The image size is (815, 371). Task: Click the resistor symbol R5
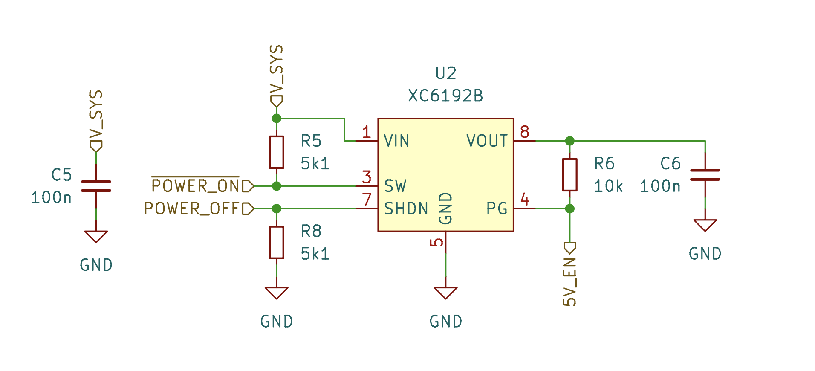pos(276,152)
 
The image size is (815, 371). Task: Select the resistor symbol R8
pos(276,243)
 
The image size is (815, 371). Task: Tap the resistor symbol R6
pos(569,175)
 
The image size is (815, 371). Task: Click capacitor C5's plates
pos(96,186)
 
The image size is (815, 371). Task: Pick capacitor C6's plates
pos(705,175)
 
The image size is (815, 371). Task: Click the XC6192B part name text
pos(445,96)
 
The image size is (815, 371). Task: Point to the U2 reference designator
pos(445,73)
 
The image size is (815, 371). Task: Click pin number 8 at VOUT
pos(524,132)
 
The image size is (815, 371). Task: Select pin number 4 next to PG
pos(524,200)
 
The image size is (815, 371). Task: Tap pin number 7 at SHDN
pos(367,200)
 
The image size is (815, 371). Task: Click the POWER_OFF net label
pos(193,209)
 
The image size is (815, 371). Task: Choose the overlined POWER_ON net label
pos(196,186)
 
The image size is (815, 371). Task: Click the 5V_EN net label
pos(569,281)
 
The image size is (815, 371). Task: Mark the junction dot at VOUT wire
pos(569,141)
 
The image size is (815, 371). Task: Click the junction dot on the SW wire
pos(276,186)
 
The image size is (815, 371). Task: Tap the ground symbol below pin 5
pos(445,293)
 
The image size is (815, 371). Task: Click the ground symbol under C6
pos(705,225)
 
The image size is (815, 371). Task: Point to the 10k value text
pos(608,186)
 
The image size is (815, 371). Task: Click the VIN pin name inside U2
pos(396,141)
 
